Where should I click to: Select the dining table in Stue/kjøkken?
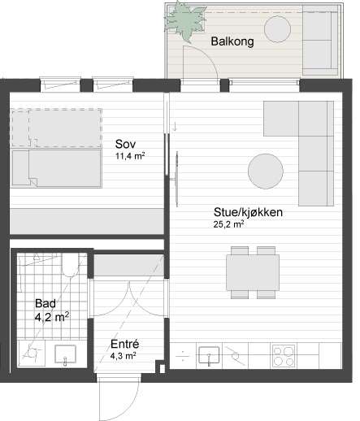(x=249, y=273)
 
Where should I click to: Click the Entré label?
(x=124, y=343)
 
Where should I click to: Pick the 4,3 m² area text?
(x=123, y=355)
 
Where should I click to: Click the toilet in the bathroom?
(x=71, y=267)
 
